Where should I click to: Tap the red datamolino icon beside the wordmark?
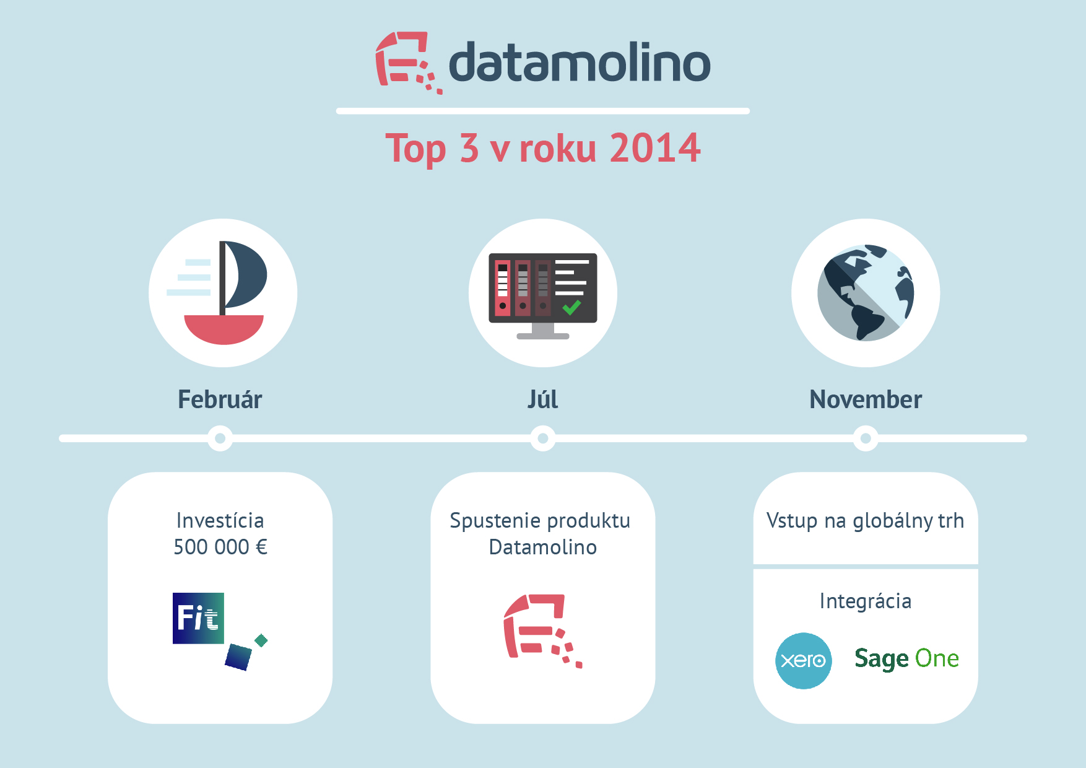409,63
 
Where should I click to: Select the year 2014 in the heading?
655,148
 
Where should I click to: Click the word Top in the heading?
415,149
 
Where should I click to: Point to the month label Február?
220,399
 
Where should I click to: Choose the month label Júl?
542,399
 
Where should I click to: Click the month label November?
866,399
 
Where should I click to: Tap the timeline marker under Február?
220,439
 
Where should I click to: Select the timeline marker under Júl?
543,439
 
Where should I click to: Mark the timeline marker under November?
866,439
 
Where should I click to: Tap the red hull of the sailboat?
224,329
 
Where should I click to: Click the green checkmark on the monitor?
571,307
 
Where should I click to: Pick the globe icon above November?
866,293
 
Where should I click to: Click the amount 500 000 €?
220,547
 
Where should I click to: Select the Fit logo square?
198,618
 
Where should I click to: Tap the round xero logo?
804,661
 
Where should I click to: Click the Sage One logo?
906,659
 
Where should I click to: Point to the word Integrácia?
866,601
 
